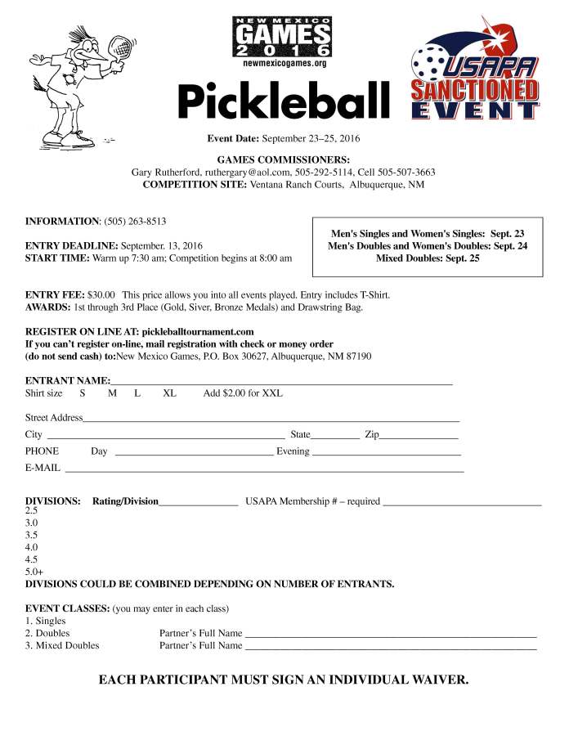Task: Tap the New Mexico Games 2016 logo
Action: [283, 40]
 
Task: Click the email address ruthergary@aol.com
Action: [247, 173]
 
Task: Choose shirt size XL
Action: [169, 393]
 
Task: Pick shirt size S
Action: [83, 393]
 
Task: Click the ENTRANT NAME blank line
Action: [281, 381]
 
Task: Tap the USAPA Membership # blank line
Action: [462, 501]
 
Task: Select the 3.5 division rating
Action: [32, 534]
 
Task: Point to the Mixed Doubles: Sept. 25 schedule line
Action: [428, 258]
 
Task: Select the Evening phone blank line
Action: [387, 451]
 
